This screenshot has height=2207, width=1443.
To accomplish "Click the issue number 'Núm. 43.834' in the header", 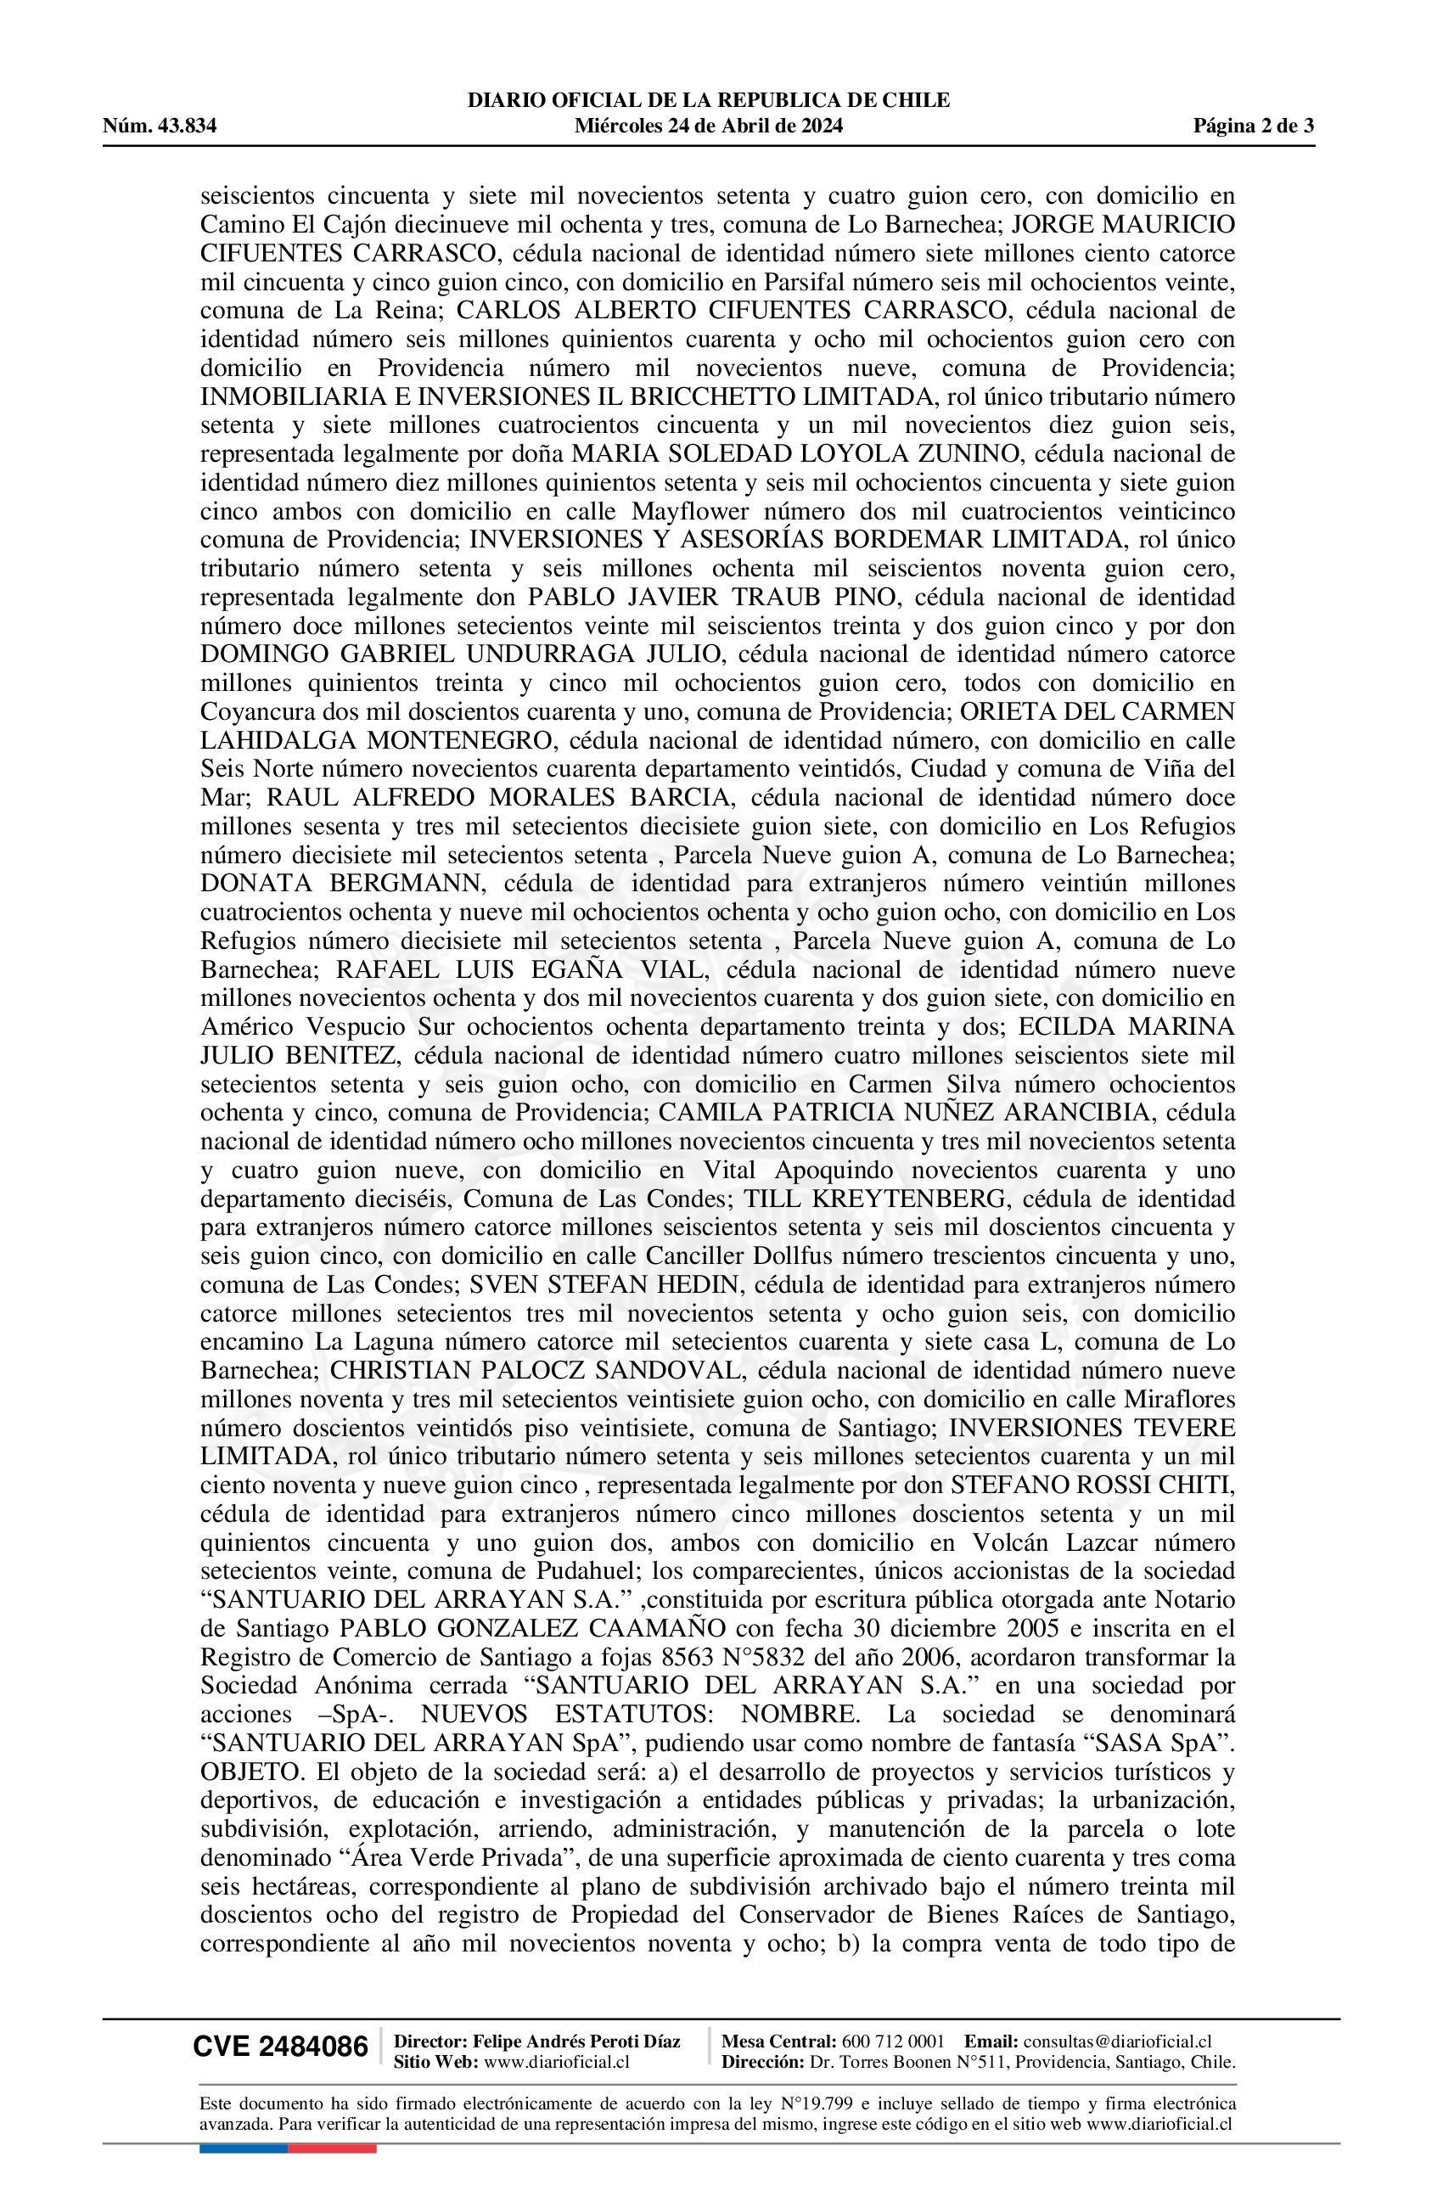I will click(x=160, y=126).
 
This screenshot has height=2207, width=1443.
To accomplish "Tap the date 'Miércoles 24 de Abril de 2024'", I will click(x=709, y=126).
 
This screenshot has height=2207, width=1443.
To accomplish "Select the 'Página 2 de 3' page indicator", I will click(x=1253, y=126).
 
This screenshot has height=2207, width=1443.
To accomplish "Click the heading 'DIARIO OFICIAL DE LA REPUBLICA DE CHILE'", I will click(x=709, y=100).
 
